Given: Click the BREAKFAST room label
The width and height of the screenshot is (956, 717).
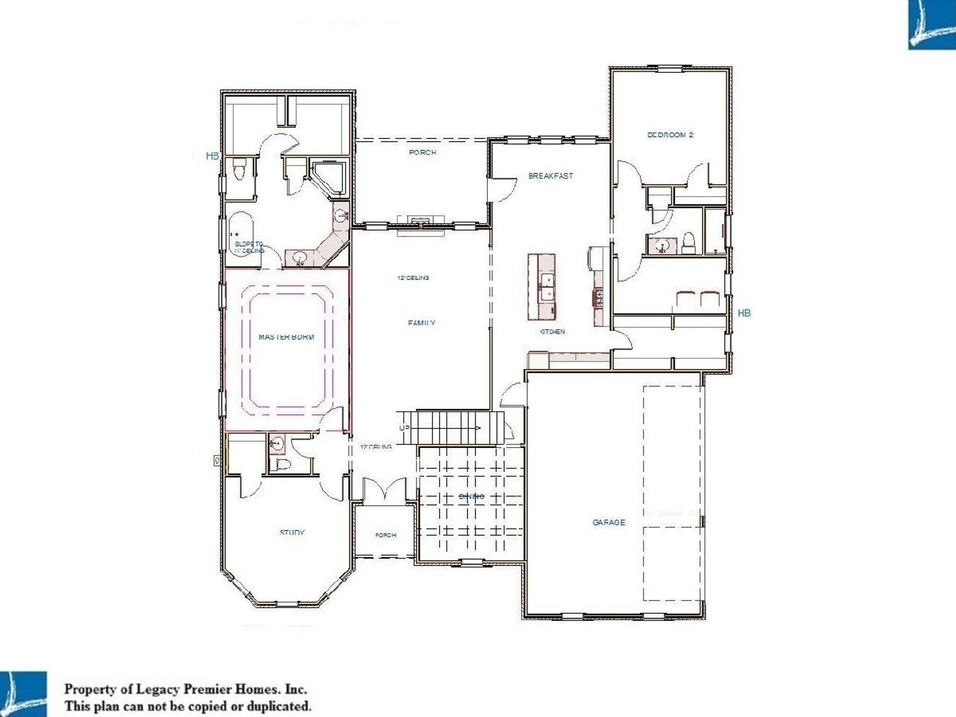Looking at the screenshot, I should coord(550,176).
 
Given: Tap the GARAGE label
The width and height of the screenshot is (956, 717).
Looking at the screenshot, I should coord(609,522).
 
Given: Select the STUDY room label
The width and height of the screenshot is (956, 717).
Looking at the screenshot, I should coord(292,532).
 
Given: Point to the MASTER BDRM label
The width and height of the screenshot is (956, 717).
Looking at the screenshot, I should coord(287,337).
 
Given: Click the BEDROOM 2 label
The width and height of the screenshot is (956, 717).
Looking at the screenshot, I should coord(670,135).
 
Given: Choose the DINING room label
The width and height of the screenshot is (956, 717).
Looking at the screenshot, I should coord(471,496).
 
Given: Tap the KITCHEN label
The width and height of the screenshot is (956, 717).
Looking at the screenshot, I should coord(552,331).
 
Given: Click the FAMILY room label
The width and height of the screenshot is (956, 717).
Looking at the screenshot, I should coord(422,323).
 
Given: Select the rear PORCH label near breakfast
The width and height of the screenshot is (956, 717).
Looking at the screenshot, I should coord(422,152).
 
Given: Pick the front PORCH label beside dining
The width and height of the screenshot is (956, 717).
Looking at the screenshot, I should coord(386,535).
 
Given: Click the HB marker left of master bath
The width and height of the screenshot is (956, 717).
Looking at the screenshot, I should coord(212,156).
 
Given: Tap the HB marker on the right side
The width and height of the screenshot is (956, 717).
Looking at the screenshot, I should coord(744,313).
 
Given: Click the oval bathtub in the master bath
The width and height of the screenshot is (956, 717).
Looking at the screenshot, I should coord(240,233).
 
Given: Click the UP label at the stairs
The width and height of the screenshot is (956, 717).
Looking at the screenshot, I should coord(404,428).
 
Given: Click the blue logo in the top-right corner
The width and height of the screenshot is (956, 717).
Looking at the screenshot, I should coord(932,25).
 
